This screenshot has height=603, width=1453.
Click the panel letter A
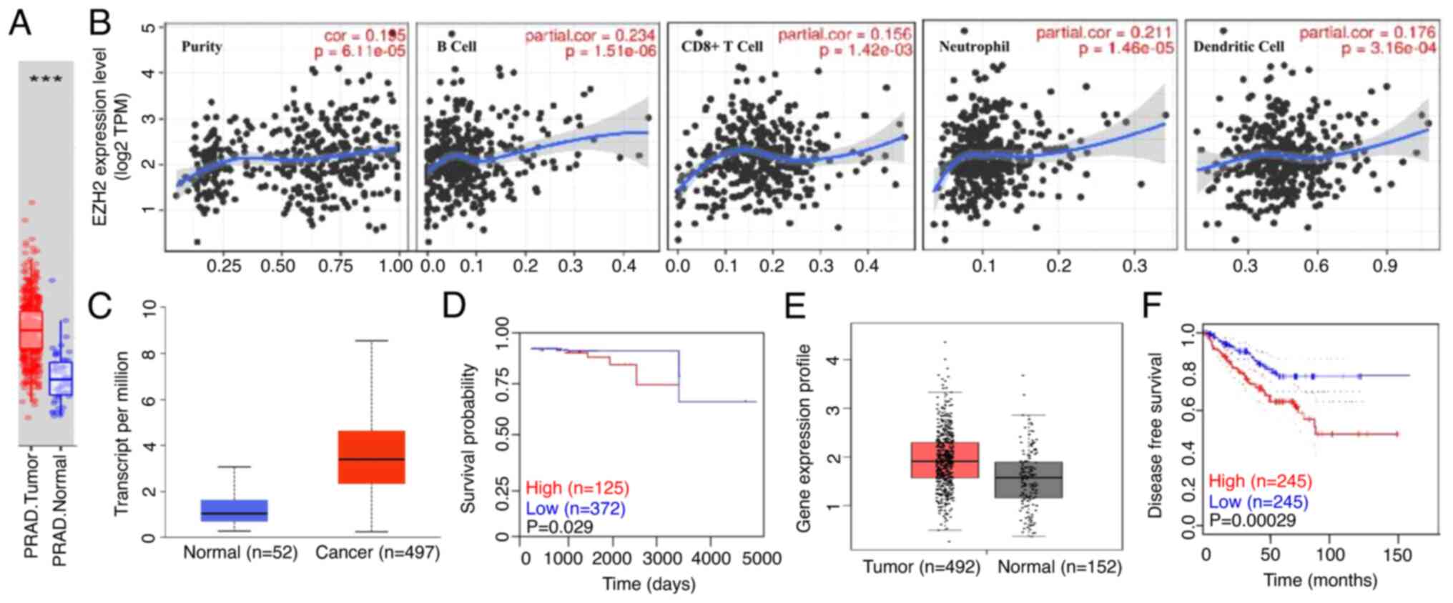(x=20, y=23)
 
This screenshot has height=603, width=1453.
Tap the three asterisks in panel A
(x=46, y=79)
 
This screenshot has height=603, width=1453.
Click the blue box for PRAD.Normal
(x=61, y=379)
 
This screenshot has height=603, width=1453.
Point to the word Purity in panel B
(x=202, y=47)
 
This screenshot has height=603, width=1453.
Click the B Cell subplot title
(x=457, y=47)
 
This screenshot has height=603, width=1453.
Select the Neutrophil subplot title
(x=974, y=47)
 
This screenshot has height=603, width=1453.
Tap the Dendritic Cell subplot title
(x=1238, y=47)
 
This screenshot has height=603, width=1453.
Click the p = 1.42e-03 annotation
(x=865, y=51)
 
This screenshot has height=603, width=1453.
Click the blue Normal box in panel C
(x=234, y=510)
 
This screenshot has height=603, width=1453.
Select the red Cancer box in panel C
(x=371, y=457)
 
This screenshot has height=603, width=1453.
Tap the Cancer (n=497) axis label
(x=378, y=552)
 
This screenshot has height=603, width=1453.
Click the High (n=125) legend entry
(x=577, y=488)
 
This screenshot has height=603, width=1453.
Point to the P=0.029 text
(x=559, y=527)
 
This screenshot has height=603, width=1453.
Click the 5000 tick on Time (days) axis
(x=757, y=559)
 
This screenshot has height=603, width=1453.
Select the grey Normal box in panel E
(x=1029, y=479)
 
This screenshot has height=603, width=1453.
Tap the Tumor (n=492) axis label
(x=921, y=567)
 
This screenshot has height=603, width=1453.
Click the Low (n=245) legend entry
(x=1258, y=502)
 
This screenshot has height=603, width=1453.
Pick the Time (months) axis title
(x=1320, y=579)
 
